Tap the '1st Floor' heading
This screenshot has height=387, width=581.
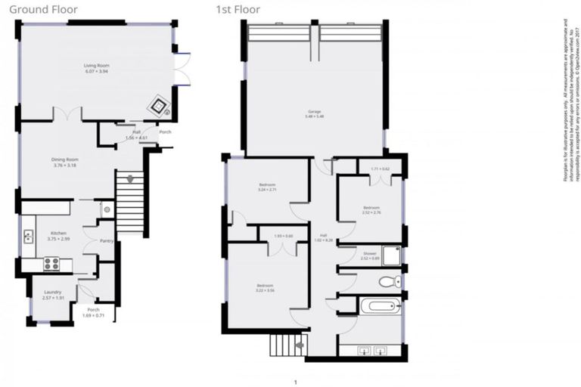(x=236, y=10)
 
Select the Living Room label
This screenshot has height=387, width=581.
(x=96, y=67)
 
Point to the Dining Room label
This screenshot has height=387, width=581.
(x=65, y=159)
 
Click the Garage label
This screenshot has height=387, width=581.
(x=313, y=112)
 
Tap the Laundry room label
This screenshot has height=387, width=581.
(x=52, y=292)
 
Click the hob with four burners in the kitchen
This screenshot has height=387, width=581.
(x=51, y=264)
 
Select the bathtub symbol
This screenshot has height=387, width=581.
(x=380, y=306)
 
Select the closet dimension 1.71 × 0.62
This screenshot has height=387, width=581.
(x=379, y=169)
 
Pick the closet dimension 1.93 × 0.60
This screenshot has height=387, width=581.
(x=283, y=236)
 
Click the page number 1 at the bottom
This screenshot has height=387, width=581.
(x=295, y=382)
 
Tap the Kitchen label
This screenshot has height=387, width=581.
(x=59, y=234)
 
